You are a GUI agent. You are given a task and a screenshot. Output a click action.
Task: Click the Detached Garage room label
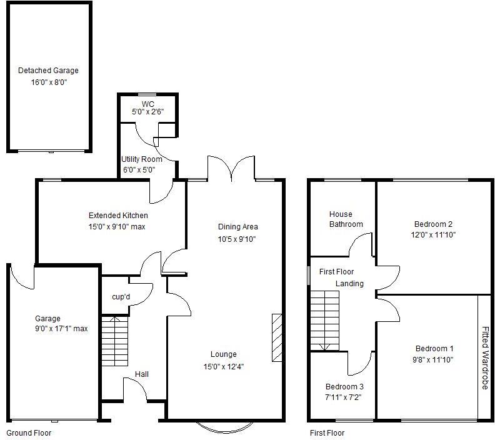48,71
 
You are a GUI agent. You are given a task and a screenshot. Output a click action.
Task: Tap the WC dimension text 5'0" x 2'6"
148,112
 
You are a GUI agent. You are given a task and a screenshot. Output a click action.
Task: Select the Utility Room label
142,159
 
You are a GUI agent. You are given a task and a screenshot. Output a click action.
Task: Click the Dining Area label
237,227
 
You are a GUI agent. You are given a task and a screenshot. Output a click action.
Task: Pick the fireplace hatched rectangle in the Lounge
277,337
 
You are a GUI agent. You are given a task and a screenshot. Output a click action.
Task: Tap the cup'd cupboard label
121,296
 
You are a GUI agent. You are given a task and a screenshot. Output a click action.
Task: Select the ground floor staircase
114,341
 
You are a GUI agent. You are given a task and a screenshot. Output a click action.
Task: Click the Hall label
142,374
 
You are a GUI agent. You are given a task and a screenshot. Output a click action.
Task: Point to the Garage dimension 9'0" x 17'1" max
61,329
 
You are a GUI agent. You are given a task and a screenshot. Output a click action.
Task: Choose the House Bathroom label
346,219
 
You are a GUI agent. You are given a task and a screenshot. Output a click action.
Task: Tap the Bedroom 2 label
433,224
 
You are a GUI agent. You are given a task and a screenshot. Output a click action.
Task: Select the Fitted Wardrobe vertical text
485,357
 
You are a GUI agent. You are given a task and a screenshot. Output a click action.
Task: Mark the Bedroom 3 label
344,387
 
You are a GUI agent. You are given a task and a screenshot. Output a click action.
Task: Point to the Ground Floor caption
29,432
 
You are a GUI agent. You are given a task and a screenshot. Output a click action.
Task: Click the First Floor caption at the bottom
327,432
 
